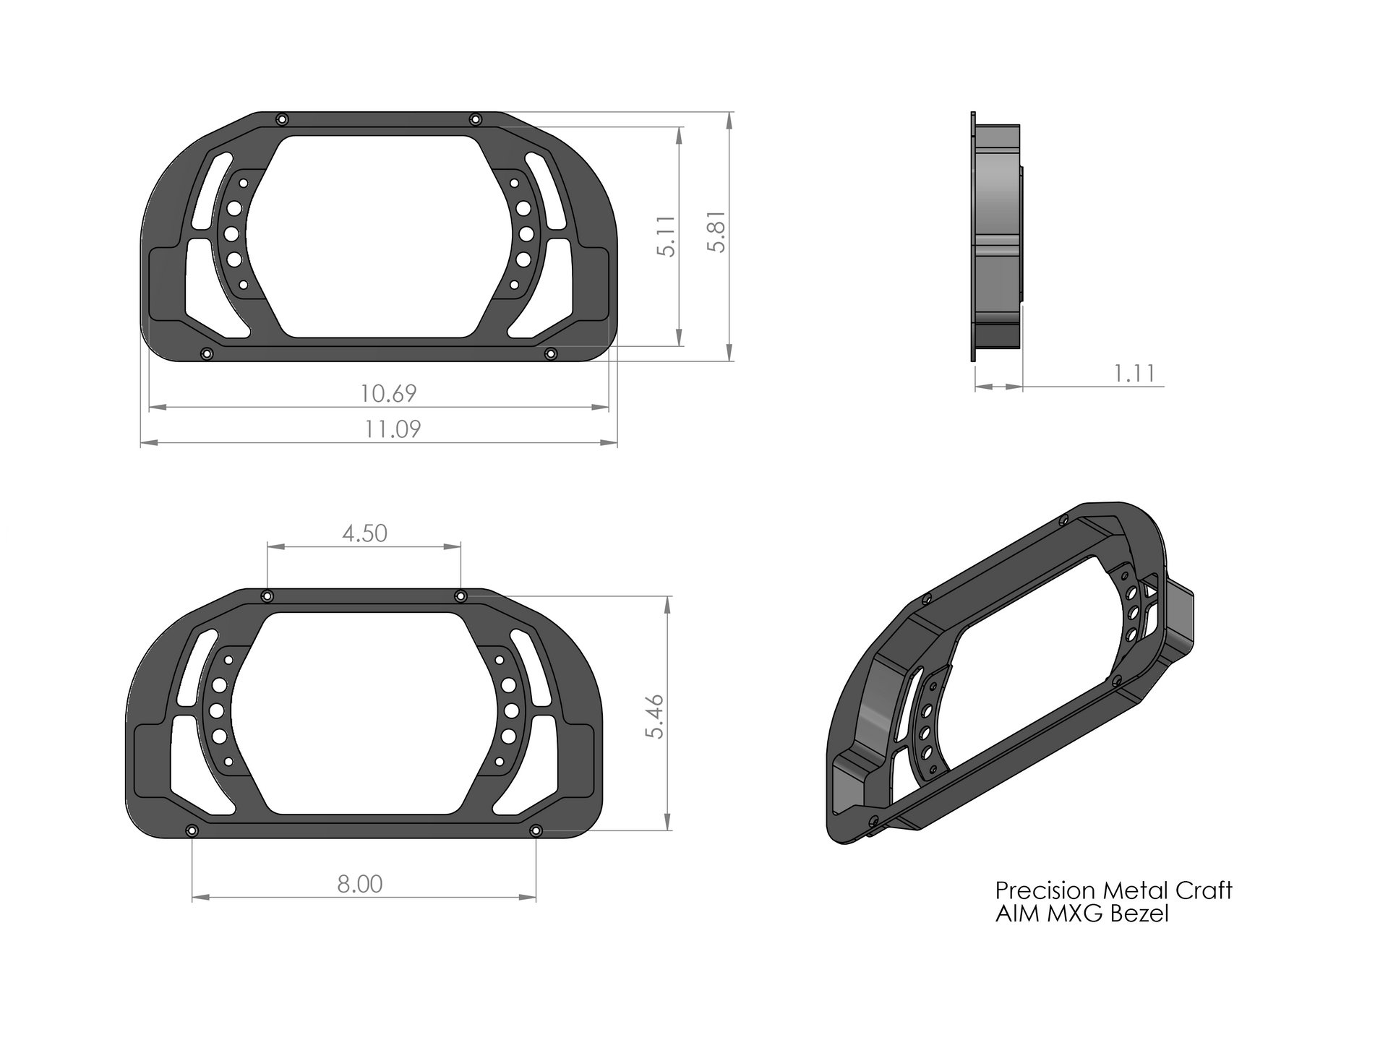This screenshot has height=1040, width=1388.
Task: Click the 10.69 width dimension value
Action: (x=389, y=394)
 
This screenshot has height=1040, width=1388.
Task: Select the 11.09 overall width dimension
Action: (x=392, y=429)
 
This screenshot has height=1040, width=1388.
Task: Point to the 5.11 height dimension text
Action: (x=667, y=236)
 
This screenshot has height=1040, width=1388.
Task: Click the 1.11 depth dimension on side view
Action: (x=1134, y=374)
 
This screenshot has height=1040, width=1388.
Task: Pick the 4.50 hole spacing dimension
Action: (x=364, y=534)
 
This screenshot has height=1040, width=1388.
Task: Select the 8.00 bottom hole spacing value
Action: (x=359, y=884)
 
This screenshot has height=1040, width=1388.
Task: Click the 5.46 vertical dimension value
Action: (x=656, y=716)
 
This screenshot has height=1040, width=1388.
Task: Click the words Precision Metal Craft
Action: (x=1113, y=890)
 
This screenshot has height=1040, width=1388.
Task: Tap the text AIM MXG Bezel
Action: (x=1081, y=914)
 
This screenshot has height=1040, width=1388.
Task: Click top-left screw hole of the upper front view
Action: (x=283, y=119)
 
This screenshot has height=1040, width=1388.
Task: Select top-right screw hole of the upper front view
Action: (x=475, y=119)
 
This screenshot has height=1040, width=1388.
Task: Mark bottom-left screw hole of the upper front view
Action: (x=207, y=354)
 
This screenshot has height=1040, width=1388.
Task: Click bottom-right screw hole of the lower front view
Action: (x=536, y=831)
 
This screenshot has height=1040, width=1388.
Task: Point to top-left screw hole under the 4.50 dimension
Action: (x=267, y=596)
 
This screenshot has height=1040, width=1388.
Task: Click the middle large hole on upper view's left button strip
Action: (x=232, y=233)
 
